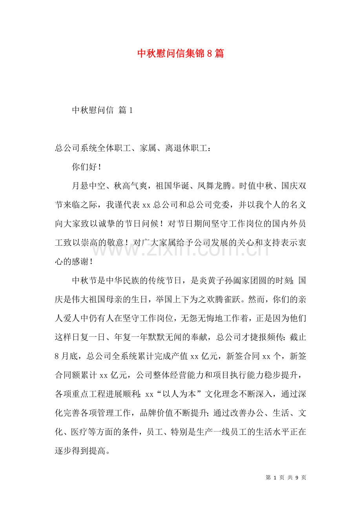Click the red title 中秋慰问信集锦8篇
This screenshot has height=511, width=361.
180,54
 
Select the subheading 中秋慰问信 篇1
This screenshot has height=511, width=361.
102,111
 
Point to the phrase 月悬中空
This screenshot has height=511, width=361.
89,186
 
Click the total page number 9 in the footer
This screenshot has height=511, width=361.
297,477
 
